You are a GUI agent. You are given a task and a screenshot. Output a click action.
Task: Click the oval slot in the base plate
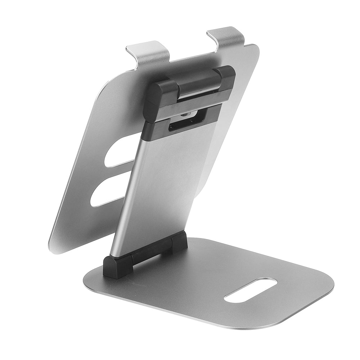click(x=251, y=289)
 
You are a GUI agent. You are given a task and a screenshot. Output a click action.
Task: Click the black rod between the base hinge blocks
click(x=148, y=254)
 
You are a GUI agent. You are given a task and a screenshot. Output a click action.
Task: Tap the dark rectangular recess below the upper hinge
click(x=184, y=124)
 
